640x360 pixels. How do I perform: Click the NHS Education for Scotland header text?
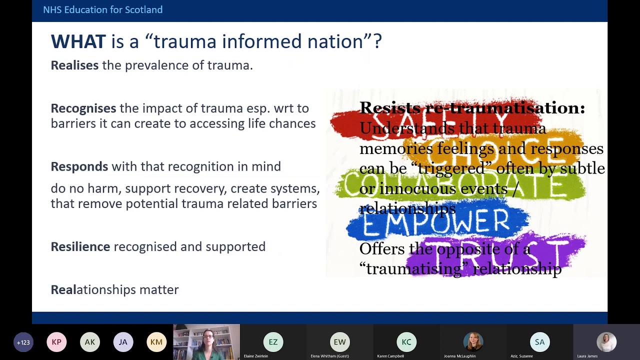coord(102,10)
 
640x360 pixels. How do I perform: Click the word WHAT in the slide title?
coord(78,41)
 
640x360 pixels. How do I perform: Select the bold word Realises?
coord(74,65)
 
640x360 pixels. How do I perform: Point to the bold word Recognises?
coord(83,108)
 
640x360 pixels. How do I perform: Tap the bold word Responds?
coord(79,166)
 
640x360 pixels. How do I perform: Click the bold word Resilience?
coord(80,246)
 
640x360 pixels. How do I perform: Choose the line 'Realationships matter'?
coord(114,289)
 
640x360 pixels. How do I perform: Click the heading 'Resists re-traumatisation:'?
coord(471,108)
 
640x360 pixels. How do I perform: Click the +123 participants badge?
coord(23,342)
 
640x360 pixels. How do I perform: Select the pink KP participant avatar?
coord(56,342)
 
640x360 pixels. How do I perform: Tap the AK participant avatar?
coord(90,342)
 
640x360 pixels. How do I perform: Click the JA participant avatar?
coord(123,342)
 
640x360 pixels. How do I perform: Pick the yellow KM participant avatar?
coord(156,342)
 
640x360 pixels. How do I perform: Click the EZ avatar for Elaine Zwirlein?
coord(273,342)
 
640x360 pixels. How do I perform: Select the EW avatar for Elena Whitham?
coord(339,342)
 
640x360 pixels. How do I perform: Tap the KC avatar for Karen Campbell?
coord(406,342)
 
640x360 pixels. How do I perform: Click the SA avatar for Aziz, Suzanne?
coord(539,342)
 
